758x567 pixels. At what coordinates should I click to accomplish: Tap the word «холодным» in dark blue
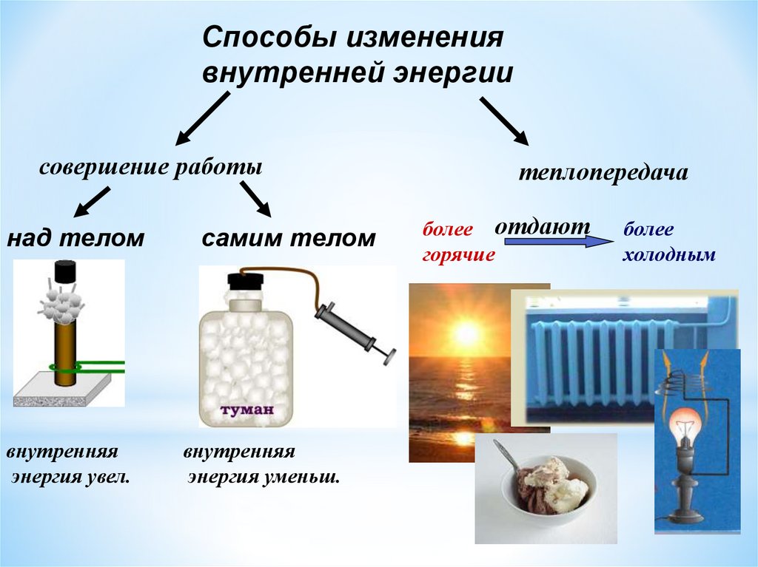pyautogui.click(x=668, y=256)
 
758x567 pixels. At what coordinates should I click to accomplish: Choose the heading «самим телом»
pyautogui.click(x=289, y=238)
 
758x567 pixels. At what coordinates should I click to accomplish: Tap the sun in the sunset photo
pyautogui.click(x=466, y=334)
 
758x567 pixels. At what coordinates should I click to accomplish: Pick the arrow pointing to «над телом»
pyautogui.click(x=93, y=201)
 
